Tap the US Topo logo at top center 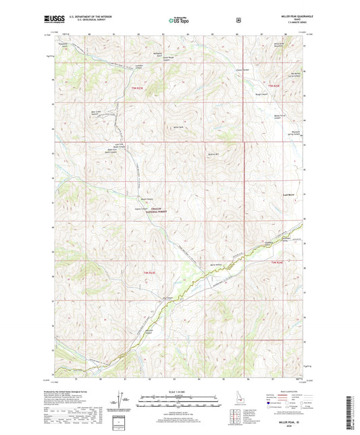point(178,21)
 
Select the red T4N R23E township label point(149,272)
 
